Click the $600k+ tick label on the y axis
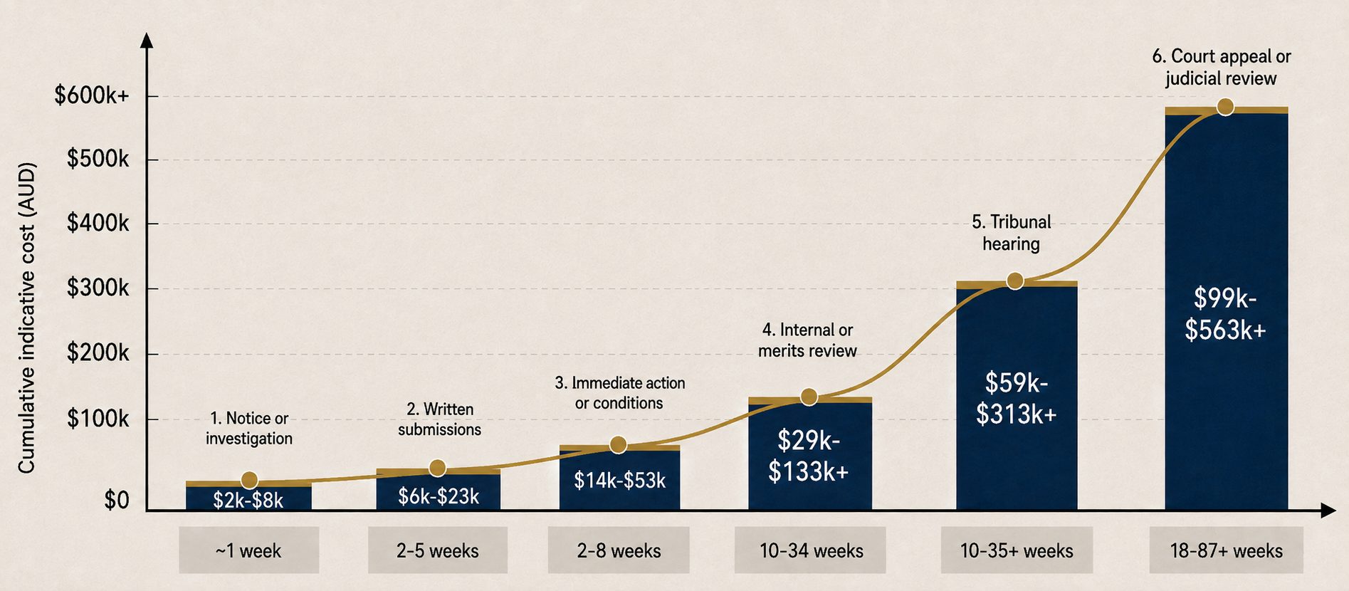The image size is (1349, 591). [x=92, y=95]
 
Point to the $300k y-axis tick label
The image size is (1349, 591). [x=98, y=288]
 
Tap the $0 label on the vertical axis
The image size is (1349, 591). [x=117, y=501]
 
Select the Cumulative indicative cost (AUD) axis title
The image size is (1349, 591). [x=26, y=318]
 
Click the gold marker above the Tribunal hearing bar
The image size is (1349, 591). [x=1015, y=281]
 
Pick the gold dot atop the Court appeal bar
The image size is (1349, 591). [x=1225, y=107]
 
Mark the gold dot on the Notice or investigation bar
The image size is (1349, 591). [x=249, y=481]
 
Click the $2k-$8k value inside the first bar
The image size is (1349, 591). [x=248, y=501]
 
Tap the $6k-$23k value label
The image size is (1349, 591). [x=439, y=496]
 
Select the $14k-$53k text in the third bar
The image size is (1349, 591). [x=620, y=481]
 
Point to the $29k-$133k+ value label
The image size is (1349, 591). [x=809, y=456]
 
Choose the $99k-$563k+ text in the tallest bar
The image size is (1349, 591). [x=1225, y=314]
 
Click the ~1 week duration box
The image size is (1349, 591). [x=249, y=550]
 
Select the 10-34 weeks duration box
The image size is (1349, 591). [x=811, y=550]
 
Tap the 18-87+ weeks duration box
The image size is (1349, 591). [x=1227, y=550]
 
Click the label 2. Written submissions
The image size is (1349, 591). [x=439, y=419]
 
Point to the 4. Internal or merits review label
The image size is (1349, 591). [x=807, y=340]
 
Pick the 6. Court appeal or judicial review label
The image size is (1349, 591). [x=1222, y=67]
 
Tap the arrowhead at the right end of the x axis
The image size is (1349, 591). [x=1328, y=510]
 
